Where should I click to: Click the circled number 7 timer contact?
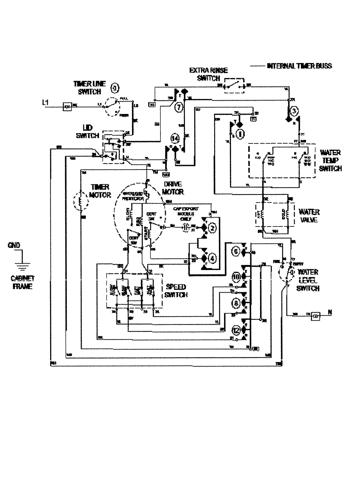(178, 107)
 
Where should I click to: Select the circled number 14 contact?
(175, 138)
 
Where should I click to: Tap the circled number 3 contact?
(294, 111)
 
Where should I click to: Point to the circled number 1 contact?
(240, 134)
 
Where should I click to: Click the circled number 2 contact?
(212, 228)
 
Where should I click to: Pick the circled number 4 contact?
(212, 258)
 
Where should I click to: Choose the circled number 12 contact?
(236, 330)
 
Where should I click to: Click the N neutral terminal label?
(330, 313)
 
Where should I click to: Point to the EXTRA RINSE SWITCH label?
(209, 74)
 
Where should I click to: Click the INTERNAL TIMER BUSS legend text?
(299, 66)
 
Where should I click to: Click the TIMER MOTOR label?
(100, 191)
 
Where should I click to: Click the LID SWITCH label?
(87, 132)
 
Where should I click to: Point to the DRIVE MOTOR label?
(173, 188)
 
